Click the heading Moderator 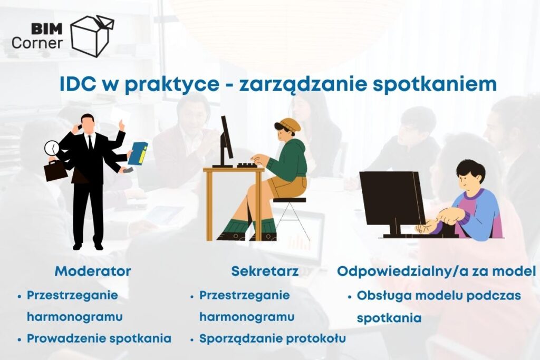tap(93, 271)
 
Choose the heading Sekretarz tap(265, 271)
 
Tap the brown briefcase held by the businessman tap(55, 170)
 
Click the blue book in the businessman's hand tap(138, 153)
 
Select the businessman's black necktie tap(90, 142)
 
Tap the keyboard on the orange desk tap(247, 165)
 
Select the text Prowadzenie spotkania tap(99, 338)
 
